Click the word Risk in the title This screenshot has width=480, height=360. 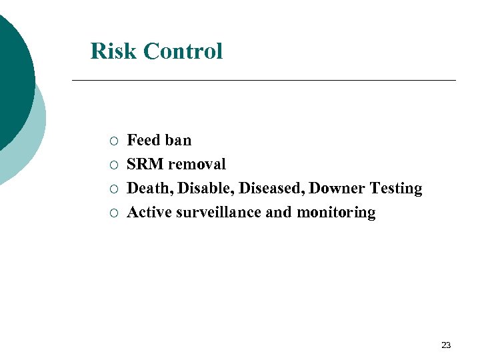click(113, 51)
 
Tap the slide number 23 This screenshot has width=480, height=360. click(446, 345)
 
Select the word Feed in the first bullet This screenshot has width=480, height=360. click(142, 140)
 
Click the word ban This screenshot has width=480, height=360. click(177, 140)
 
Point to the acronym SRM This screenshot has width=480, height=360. click(145, 164)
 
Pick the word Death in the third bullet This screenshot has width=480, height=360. click(146, 189)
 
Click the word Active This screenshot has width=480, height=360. click(149, 213)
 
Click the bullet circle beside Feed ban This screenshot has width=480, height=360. click(115, 141)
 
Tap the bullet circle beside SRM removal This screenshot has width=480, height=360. click(115, 165)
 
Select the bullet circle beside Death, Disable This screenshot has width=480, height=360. click(115, 189)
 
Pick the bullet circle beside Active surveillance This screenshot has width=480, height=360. click(115, 213)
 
